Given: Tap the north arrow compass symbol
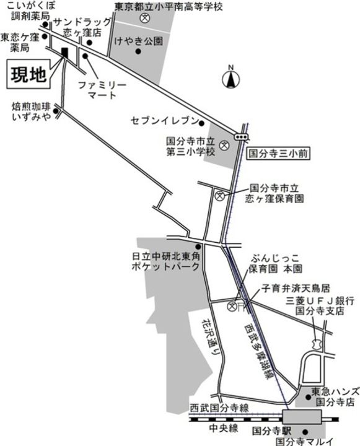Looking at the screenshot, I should (x=230, y=79).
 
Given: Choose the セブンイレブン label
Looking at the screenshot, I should (x=165, y=120).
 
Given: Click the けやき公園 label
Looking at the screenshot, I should (x=142, y=42).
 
